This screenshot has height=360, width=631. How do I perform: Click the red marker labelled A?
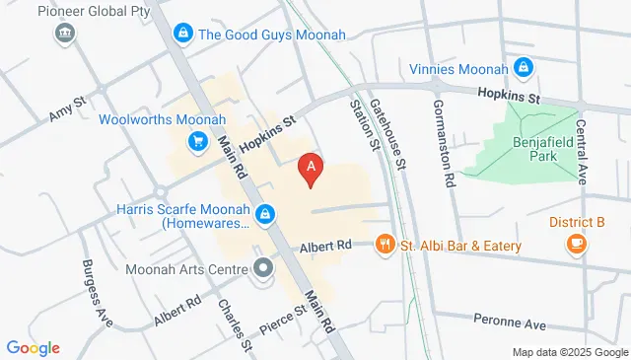312,170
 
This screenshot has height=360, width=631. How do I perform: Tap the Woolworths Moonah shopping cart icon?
197,142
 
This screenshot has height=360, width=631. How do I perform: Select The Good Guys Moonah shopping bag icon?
182,35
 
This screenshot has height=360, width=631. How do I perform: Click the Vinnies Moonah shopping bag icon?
525,68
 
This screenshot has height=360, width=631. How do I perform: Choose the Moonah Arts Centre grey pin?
263,268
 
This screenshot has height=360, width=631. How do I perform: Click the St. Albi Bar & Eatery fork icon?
385,244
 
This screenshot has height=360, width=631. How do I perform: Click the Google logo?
34,348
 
